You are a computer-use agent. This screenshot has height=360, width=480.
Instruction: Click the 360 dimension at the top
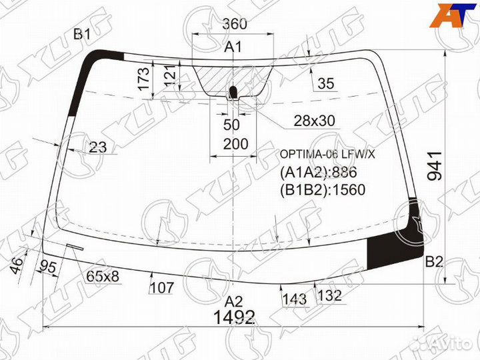235,23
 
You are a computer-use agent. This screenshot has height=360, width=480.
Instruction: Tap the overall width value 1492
235,317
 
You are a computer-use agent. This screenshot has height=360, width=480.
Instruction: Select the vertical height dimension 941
435,166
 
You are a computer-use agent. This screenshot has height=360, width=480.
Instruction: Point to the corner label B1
82,34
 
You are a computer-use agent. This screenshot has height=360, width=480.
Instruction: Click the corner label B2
434,262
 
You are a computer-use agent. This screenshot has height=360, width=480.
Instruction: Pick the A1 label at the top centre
233,47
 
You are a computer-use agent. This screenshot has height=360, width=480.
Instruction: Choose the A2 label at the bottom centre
233,302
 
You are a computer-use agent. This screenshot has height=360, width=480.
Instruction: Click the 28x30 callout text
314,121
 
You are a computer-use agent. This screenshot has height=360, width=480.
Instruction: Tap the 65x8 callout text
103,277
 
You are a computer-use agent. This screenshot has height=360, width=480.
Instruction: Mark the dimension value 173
144,79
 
